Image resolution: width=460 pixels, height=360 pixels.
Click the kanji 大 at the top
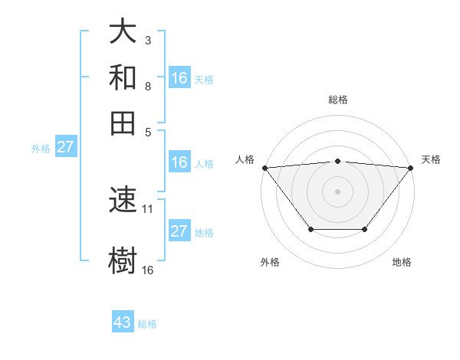click(123, 32)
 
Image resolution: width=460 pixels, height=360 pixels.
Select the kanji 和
click(123, 77)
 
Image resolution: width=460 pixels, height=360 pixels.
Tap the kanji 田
click(123, 123)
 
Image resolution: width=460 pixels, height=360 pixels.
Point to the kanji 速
click(123, 201)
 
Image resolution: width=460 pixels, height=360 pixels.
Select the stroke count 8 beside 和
click(147, 87)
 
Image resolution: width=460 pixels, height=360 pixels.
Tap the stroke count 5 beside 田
click(147, 131)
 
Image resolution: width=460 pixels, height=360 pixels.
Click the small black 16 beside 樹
click(148, 270)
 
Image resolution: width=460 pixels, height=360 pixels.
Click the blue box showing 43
click(123, 322)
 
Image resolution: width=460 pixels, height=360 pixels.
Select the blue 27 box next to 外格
click(65, 147)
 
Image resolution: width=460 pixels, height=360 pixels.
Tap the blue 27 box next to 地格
click(179, 231)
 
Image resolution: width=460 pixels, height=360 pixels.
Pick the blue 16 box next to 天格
click(179, 77)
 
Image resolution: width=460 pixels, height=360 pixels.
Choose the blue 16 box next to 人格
click(179, 162)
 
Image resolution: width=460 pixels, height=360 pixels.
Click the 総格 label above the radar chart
click(338, 100)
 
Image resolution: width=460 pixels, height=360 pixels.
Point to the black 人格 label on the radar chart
click(245, 159)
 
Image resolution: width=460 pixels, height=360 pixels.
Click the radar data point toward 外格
click(310, 229)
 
